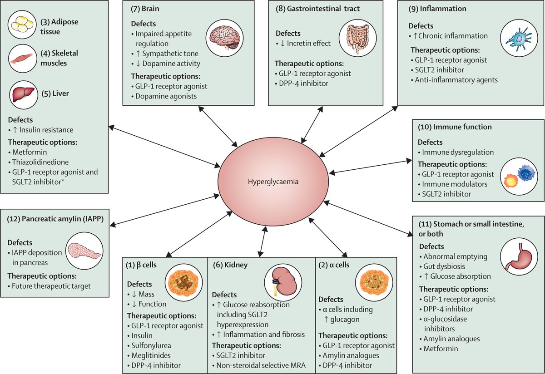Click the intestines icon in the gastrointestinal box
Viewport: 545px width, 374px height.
[355, 39]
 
